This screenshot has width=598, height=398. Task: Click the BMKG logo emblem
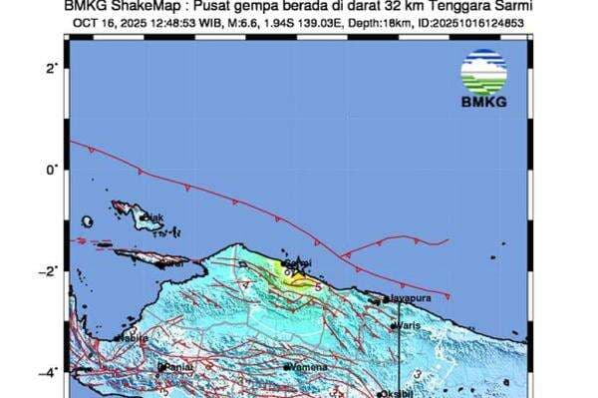click(482, 70)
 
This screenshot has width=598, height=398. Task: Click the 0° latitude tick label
click(52, 170)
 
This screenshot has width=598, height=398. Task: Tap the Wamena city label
click(305, 367)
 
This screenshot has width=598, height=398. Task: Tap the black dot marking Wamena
click(287, 367)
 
